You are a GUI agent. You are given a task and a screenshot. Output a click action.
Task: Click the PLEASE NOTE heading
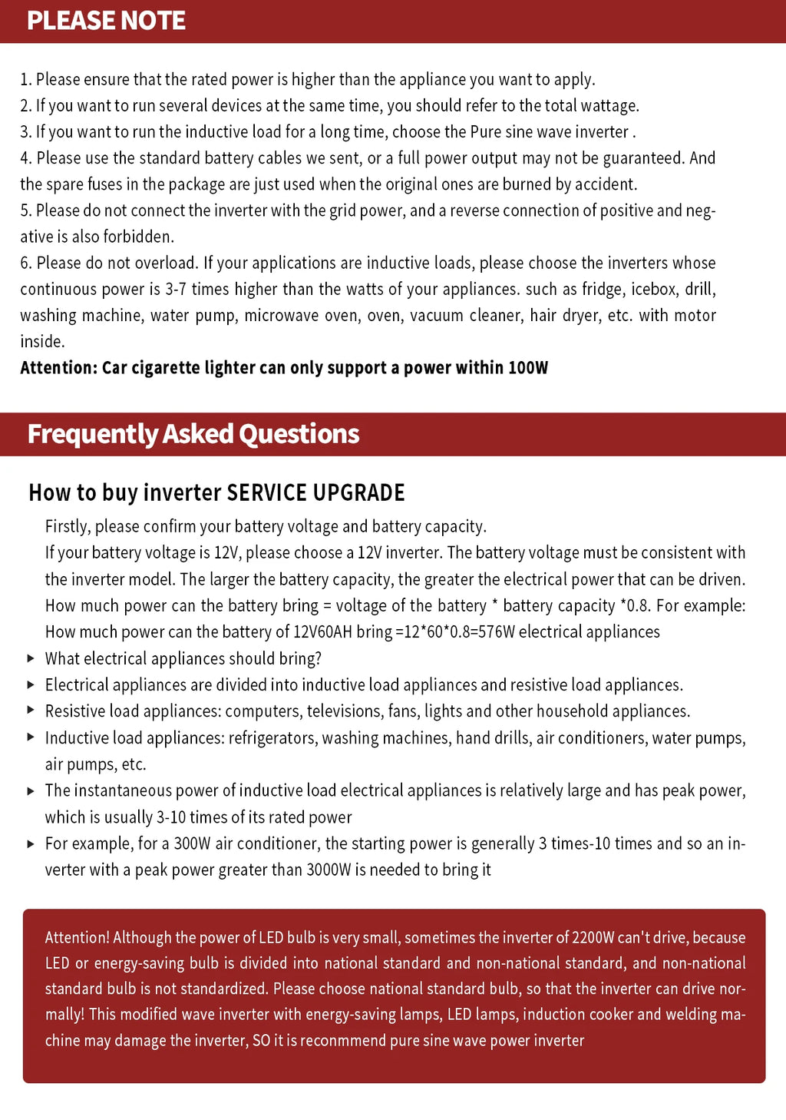point(106,20)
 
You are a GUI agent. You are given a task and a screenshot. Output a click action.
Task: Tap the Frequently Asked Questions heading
point(193,434)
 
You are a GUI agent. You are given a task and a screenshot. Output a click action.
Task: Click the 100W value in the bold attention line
point(528,368)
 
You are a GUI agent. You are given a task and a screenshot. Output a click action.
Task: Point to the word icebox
point(654,290)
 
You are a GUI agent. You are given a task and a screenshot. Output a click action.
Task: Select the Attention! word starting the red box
point(78,937)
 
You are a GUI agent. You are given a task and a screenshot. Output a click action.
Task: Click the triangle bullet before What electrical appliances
point(31,658)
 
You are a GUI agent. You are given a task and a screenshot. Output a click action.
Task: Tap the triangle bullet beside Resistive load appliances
point(31,711)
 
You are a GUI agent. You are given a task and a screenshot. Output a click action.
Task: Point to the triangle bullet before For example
point(31,843)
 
